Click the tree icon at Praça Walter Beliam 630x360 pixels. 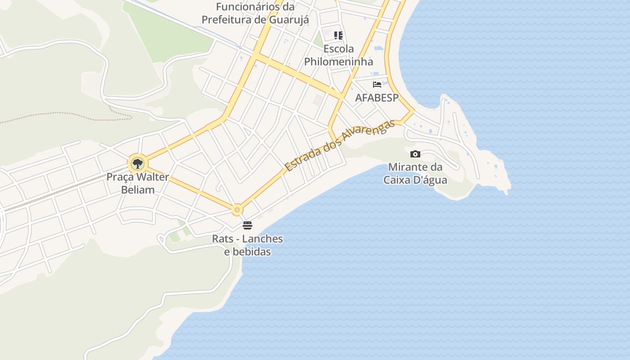[x=137, y=164]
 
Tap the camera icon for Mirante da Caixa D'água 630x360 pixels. [x=415, y=154]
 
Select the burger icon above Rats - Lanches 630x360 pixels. [x=247, y=225]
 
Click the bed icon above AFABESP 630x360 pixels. [x=377, y=85]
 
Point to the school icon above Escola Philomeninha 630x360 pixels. [x=338, y=36]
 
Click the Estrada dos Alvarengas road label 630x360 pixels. [x=340, y=145]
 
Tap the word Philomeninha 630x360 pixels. [x=338, y=62]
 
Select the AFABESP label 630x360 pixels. [x=377, y=98]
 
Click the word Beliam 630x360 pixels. [x=138, y=190]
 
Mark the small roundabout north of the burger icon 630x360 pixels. [x=237, y=210]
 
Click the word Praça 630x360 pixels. [x=120, y=177]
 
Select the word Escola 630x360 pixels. [x=338, y=49]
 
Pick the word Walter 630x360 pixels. [x=152, y=177]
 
